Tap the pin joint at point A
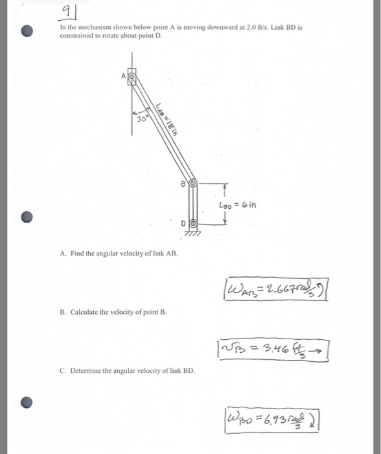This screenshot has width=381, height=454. pyautogui.click(x=132, y=77)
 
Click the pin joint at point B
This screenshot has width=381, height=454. pyautogui.click(x=192, y=184)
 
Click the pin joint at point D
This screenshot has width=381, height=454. pyautogui.click(x=192, y=223)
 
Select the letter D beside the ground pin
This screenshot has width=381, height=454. pyautogui.click(x=184, y=223)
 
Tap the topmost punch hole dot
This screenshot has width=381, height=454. pyautogui.click(x=26, y=30)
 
